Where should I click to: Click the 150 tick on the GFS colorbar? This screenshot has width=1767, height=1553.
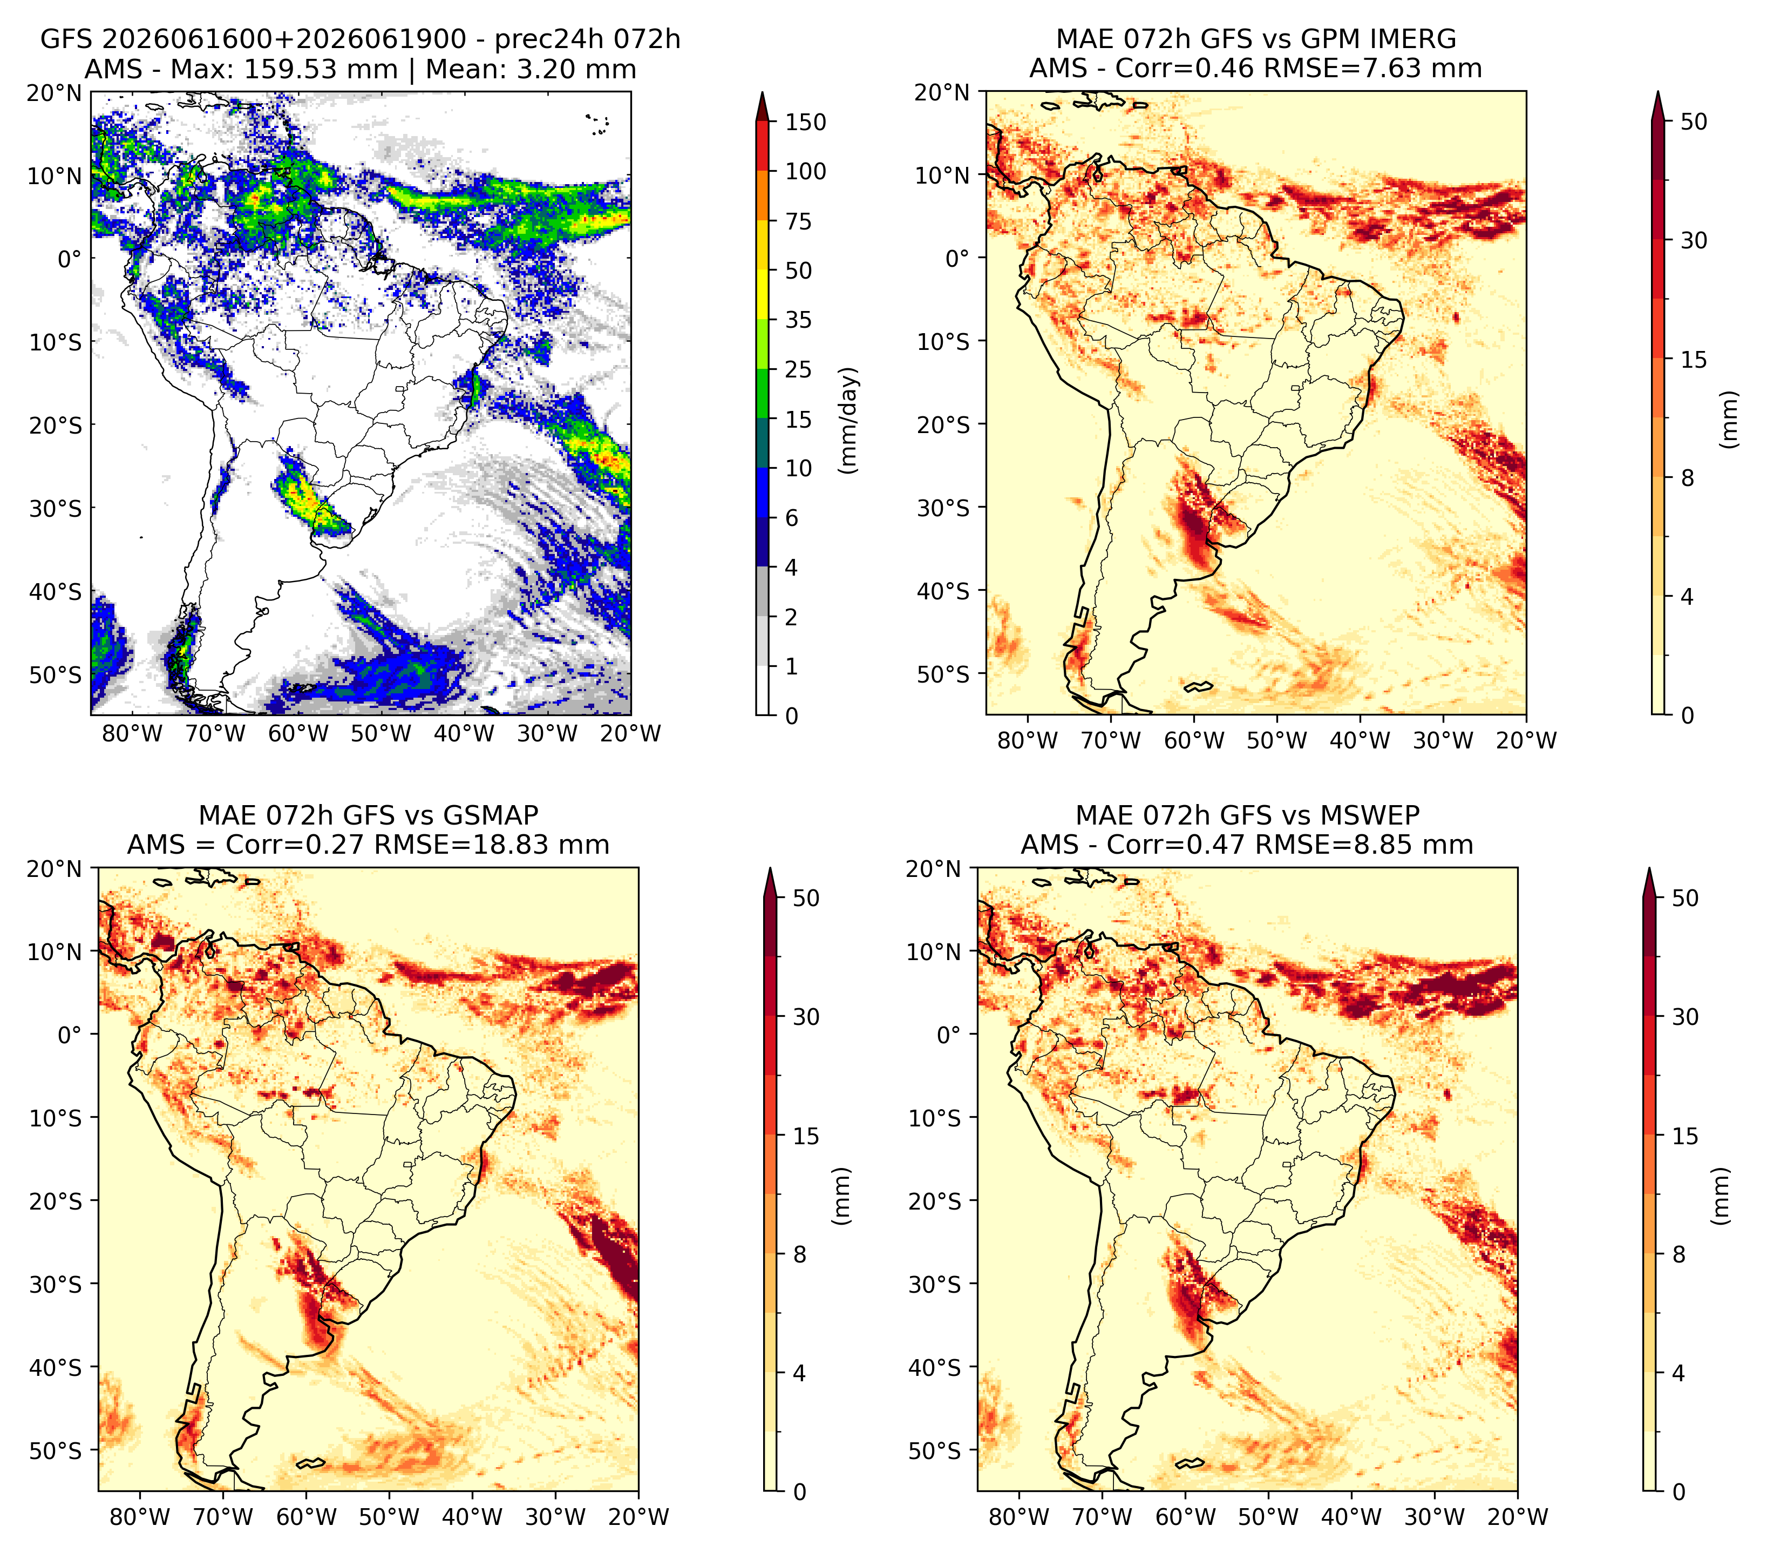pos(806,122)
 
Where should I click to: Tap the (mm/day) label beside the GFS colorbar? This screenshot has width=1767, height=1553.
pos(850,420)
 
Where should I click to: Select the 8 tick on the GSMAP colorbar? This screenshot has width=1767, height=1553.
pos(799,1255)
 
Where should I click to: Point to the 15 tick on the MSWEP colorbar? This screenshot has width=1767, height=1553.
pos(1686,1136)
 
